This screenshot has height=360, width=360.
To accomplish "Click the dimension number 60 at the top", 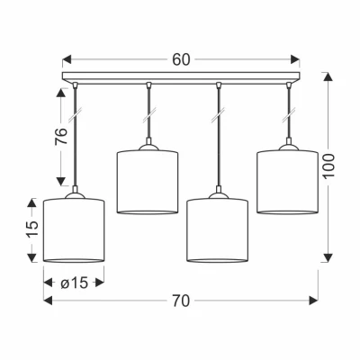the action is tap(181, 59).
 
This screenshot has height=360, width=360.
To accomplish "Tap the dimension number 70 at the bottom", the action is tap(181, 301).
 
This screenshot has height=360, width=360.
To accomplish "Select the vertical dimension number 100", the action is tap(328, 166).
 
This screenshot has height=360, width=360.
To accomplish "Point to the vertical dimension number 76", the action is tap(61, 136).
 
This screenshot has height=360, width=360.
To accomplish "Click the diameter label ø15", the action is tap(75, 283).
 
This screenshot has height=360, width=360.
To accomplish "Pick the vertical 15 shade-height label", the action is tap(33, 229).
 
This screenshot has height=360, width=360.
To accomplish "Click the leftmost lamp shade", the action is tap(74, 229).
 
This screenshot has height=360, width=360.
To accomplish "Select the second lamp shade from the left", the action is tap(148, 182).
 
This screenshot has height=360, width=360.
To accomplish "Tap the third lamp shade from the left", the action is tap(217, 229).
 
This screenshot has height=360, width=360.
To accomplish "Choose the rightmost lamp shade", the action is tap(287, 182).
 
